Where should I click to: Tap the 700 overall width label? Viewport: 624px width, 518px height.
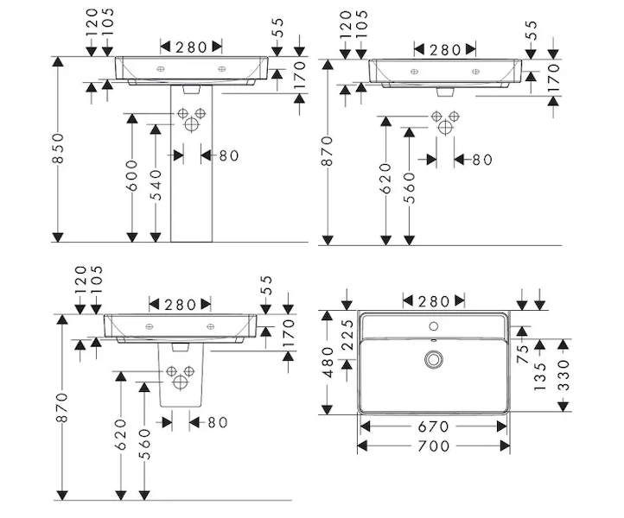434,445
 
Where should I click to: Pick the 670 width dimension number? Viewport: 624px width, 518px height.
434,426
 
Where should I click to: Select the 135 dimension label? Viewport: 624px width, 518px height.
541,377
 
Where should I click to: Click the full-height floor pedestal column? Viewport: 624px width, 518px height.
189,173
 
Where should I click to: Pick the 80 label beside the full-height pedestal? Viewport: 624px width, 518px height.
227,155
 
